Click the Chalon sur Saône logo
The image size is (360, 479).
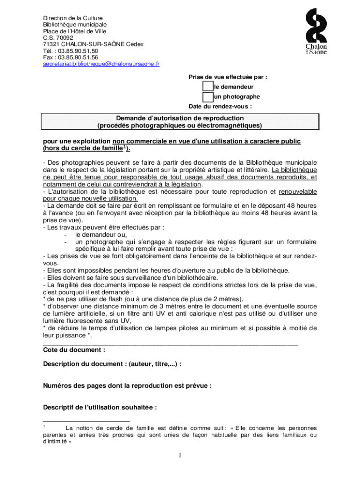pyautogui.click(x=317, y=32)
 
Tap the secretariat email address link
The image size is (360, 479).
pyautogui.click(x=101, y=64)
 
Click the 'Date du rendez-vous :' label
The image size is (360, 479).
pyautogui.click(x=220, y=106)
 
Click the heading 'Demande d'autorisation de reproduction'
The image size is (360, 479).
pyautogui.click(x=180, y=118)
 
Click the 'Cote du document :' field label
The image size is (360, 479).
pyautogui.click(x=74, y=350)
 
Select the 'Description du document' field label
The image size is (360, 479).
pyautogui.click(x=112, y=364)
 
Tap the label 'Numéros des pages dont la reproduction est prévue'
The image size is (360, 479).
pyautogui.click(x=127, y=386)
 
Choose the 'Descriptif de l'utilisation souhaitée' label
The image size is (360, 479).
pyautogui.click(x=100, y=407)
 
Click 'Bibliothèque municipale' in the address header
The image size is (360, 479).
pyautogui.click(x=75, y=24)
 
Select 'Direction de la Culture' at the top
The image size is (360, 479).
pyautogui.click(x=72, y=18)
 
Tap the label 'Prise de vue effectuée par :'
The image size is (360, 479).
pyautogui.click(x=228, y=77)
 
